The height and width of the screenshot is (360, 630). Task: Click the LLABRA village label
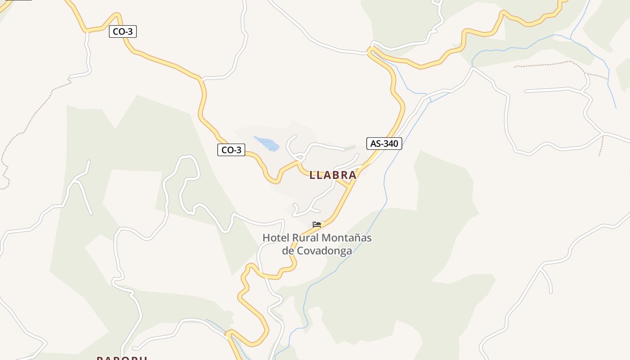click(333, 175)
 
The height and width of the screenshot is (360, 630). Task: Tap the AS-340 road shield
click(384, 144)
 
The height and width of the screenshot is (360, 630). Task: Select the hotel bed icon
click(317, 224)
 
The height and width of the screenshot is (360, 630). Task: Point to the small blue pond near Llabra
click(267, 143)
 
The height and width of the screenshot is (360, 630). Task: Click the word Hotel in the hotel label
click(276, 238)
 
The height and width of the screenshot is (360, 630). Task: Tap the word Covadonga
click(324, 251)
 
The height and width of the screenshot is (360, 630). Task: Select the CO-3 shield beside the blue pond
click(231, 150)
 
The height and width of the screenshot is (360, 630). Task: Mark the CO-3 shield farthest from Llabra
click(123, 31)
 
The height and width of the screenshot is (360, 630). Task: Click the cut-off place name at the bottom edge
click(122, 358)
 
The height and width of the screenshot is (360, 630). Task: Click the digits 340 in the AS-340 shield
click(390, 144)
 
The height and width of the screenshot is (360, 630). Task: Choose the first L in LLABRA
click(312, 175)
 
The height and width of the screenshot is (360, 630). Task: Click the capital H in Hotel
click(266, 238)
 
